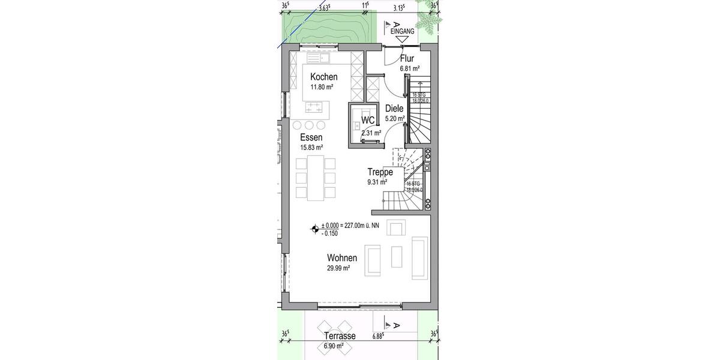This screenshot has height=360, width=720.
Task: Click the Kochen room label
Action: (323, 77)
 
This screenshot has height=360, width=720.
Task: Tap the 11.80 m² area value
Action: (322, 87)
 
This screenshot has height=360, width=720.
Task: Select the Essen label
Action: (311, 137)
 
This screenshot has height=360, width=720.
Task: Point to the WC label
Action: (368, 119)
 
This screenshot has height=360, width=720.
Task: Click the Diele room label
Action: (394, 109)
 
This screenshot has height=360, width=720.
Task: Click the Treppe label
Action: (380, 172)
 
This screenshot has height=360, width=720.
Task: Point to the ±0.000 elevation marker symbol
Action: (314, 228)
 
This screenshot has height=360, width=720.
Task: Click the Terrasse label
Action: (339, 336)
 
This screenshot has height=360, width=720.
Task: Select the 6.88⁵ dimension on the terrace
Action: (377, 336)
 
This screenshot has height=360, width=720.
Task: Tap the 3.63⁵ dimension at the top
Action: (324, 8)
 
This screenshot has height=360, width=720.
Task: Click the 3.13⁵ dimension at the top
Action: (399, 8)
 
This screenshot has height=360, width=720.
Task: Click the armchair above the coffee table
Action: (397, 228)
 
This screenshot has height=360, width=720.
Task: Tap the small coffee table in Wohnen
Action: (397, 256)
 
